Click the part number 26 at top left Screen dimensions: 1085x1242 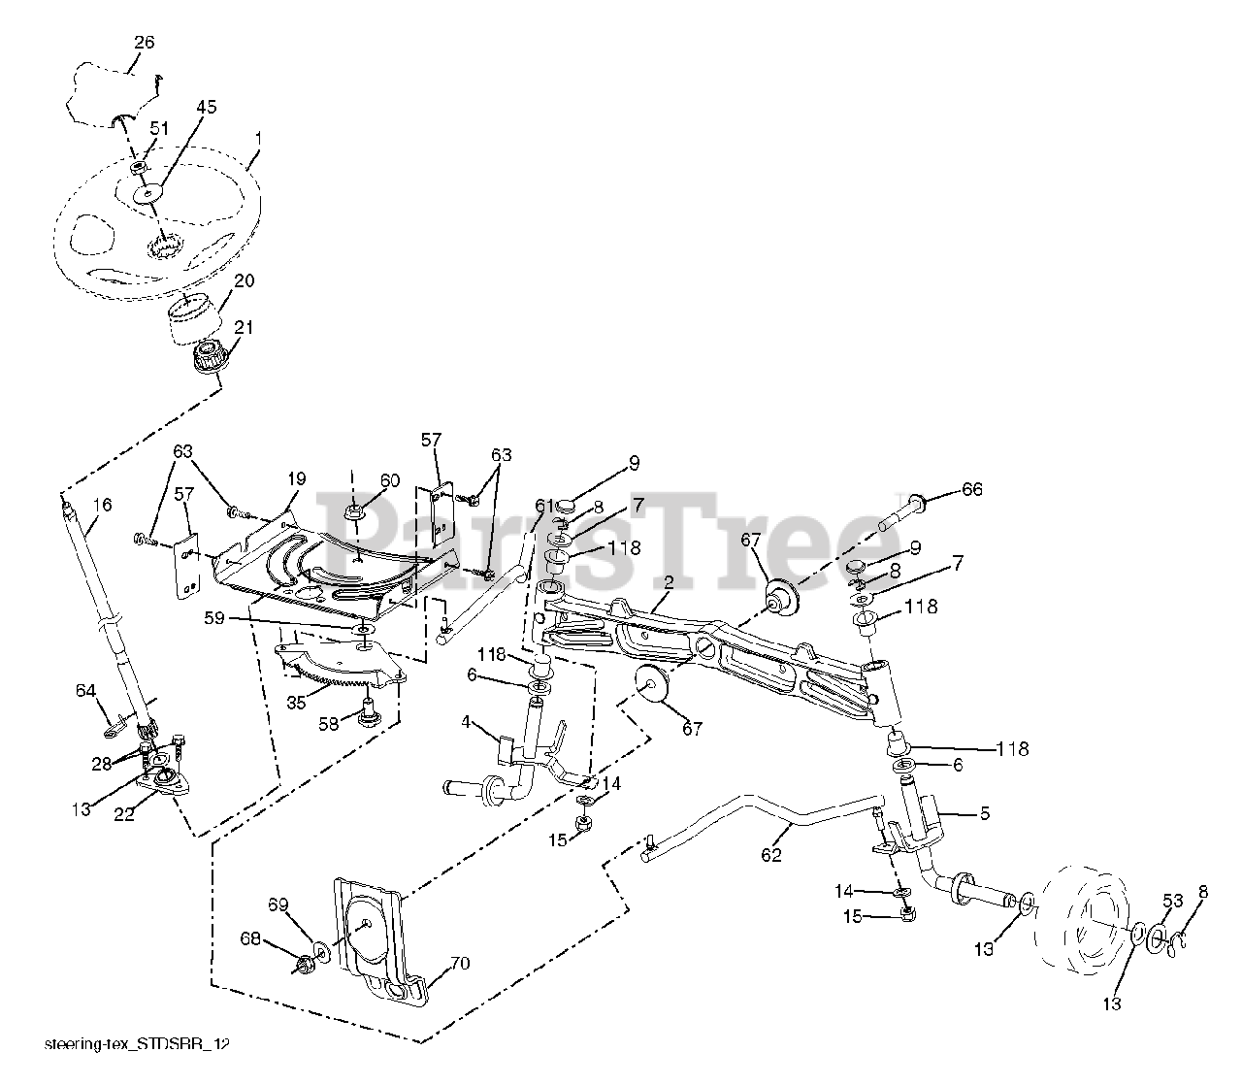(x=143, y=43)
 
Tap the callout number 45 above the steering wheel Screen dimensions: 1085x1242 (x=207, y=106)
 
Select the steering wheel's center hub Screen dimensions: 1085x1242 (x=148, y=195)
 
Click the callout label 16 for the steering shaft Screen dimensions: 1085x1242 (x=102, y=505)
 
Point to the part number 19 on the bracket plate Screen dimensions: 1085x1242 (x=296, y=478)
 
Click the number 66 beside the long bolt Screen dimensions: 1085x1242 (x=971, y=489)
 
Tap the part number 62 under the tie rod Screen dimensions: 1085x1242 (x=772, y=855)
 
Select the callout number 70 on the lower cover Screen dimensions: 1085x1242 (x=459, y=964)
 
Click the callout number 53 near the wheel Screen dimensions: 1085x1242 (x=1172, y=901)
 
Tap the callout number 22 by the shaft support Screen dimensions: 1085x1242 (x=125, y=816)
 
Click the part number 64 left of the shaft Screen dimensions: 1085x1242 (x=85, y=690)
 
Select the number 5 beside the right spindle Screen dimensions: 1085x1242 (x=985, y=813)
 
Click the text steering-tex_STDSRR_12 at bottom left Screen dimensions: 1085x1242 (x=139, y=1044)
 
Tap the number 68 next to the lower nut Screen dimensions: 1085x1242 (x=251, y=938)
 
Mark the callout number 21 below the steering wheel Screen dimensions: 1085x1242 (x=244, y=328)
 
